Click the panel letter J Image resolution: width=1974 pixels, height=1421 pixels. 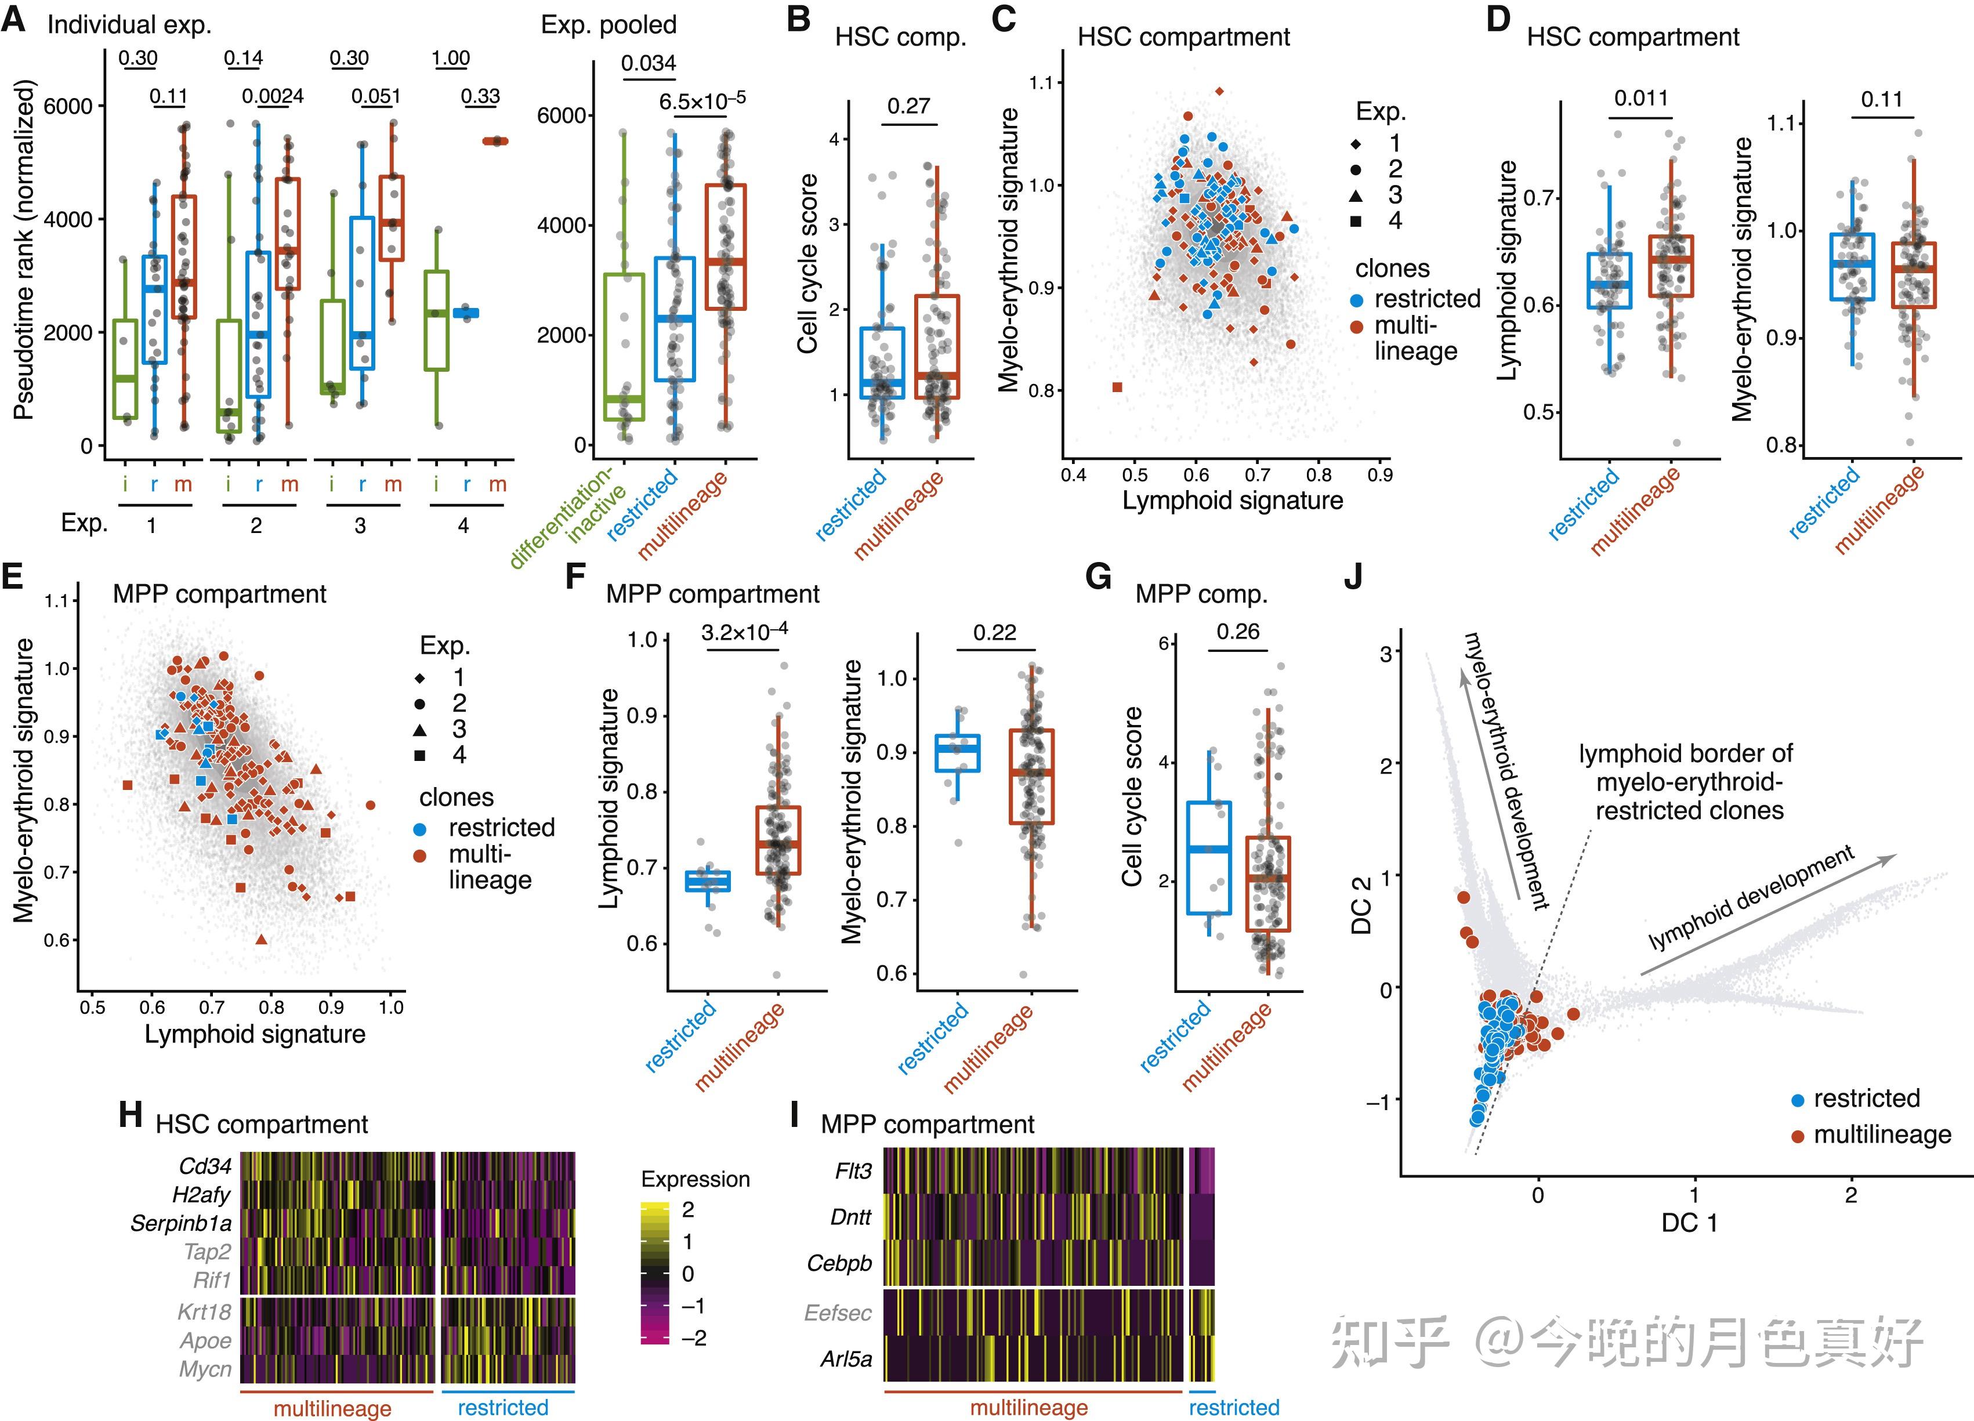(1353, 577)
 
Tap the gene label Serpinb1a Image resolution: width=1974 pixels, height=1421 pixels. (181, 1223)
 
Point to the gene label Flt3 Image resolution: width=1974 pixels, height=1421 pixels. (852, 1171)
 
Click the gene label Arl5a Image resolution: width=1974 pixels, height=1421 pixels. (845, 1359)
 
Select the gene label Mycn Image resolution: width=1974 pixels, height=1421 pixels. (205, 1369)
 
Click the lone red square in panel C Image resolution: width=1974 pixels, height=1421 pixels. (1118, 387)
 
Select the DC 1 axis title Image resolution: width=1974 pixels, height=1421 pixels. (1689, 1223)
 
